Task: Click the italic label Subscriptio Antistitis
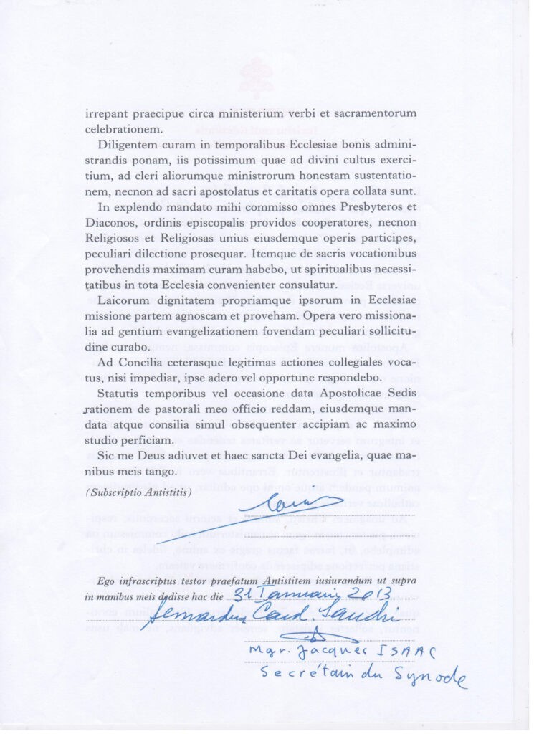[138, 493]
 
